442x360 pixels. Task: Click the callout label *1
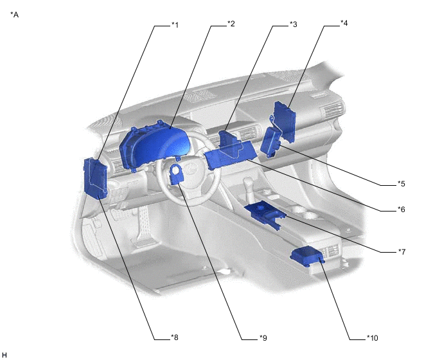click(175, 25)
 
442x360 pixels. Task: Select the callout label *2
click(231, 24)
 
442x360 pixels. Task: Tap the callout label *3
click(293, 24)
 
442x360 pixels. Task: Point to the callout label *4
click(344, 24)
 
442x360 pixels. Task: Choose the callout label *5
click(401, 184)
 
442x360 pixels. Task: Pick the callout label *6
click(401, 210)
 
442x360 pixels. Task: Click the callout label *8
click(175, 337)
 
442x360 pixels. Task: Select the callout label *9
click(262, 337)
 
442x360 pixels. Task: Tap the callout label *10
click(372, 337)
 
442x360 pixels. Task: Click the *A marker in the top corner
click(15, 14)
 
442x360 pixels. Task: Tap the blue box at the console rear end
click(306, 255)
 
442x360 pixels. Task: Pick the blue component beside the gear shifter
click(265, 212)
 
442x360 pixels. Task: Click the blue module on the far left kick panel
click(96, 178)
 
